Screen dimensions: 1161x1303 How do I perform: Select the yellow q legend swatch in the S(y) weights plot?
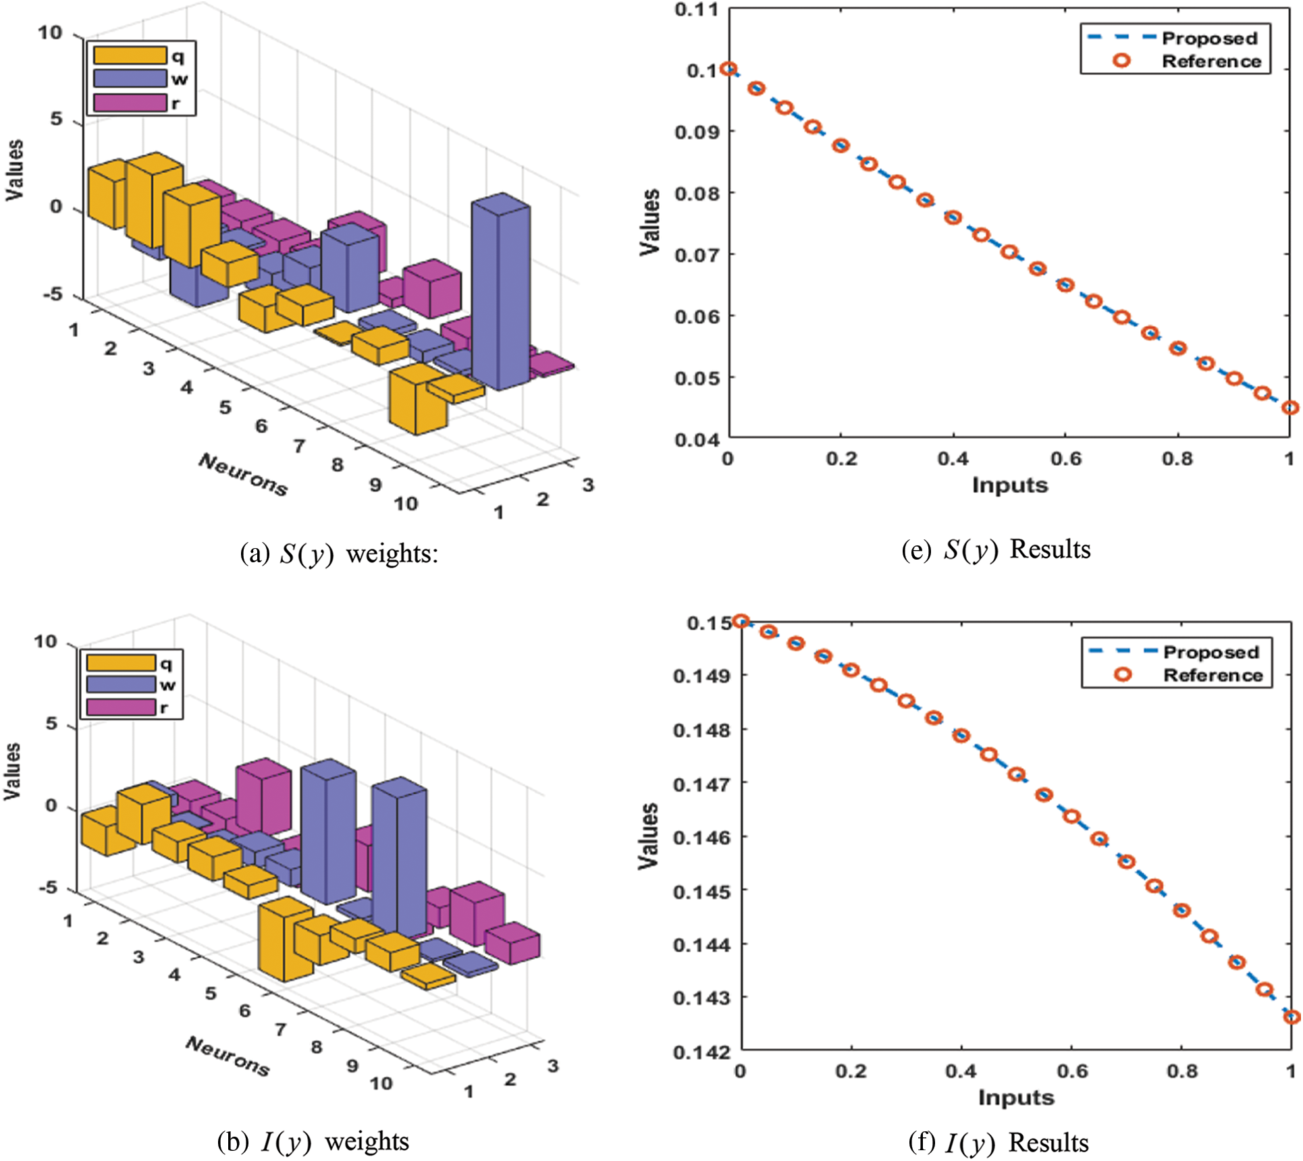click(130, 55)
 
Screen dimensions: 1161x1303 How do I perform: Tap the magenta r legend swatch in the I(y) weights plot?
click(121, 707)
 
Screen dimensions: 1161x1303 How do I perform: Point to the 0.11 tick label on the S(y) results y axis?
click(696, 10)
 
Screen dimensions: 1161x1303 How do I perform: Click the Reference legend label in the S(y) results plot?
click(1211, 61)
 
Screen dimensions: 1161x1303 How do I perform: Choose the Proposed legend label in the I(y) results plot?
click(1211, 652)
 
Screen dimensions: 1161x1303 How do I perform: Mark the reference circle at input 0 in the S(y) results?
click(728, 69)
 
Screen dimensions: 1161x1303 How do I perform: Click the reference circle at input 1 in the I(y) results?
click(1291, 1017)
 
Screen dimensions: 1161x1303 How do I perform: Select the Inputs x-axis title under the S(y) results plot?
click(1010, 485)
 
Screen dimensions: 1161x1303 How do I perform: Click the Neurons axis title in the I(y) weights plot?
click(228, 1056)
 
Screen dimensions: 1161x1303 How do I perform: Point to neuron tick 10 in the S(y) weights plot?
click(406, 503)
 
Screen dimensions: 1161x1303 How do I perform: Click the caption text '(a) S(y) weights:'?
click(339, 553)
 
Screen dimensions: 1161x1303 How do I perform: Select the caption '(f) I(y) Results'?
click(999, 1143)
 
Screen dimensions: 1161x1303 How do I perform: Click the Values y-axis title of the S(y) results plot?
click(649, 222)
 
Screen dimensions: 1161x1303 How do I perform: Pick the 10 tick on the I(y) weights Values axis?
click(46, 641)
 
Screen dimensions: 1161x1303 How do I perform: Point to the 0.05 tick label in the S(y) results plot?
click(696, 378)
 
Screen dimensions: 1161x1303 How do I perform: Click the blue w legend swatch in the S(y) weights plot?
click(130, 79)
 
